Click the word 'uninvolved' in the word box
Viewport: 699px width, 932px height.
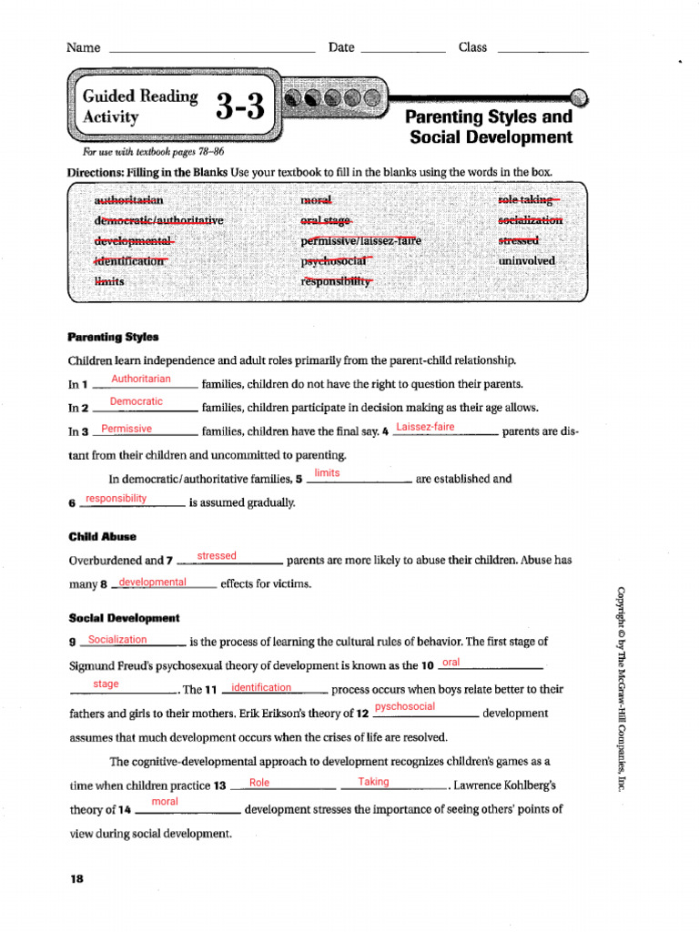click(x=525, y=261)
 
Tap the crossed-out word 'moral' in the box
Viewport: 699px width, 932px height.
click(x=316, y=199)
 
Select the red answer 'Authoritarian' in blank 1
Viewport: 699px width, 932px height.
click(x=140, y=379)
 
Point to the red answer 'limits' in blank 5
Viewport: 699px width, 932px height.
click(x=327, y=473)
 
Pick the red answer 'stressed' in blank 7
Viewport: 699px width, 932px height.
click(x=217, y=555)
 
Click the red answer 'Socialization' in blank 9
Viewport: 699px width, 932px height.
click(x=117, y=639)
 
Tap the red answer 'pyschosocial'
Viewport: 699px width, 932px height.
click(x=405, y=706)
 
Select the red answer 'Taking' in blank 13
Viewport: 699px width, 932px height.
click(x=373, y=782)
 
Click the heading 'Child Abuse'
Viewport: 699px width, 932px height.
click(x=102, y=537)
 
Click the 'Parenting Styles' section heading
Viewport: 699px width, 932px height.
click(x=113, y=337)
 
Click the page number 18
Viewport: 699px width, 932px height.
click(x=76, y=879)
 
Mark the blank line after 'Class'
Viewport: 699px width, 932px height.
click(x=543, y=52)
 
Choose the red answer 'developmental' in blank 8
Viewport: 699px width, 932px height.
click(x=152, y=582)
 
